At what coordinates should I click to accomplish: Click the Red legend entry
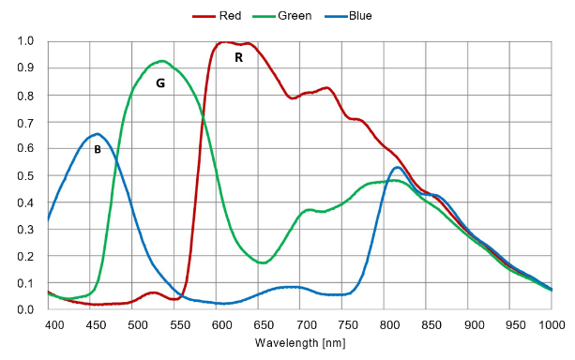tap(217, 16)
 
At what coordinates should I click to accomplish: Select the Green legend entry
tap(282, 16)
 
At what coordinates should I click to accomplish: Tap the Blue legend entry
tap(348, 16)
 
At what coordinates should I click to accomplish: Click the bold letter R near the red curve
tap(239, 57)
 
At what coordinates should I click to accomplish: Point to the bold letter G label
tap(160, 83)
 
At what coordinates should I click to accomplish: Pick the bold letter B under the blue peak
tap(98, 149)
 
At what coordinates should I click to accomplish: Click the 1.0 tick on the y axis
tap(25, 40)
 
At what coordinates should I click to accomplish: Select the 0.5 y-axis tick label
tap(25, 175)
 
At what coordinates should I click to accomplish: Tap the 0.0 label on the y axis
tap(25, 309)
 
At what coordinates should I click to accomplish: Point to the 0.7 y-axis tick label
tap(25, 123)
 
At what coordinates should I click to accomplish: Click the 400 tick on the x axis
tap(54, 324)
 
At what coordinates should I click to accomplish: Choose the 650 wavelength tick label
tap(264, 324)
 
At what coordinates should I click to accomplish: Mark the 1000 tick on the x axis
tap(552, 324)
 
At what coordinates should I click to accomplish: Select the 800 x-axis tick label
tap(389, 324)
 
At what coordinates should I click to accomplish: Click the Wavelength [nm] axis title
tap(300, 343)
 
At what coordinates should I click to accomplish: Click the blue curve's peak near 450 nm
tap(97, 134)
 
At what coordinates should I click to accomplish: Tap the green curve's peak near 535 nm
tap(161, 61)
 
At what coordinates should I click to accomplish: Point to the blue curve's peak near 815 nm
tap(398, 168)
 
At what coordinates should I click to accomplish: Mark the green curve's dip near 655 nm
tap(263, 262)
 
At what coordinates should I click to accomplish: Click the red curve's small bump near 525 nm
tap(153, 292)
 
